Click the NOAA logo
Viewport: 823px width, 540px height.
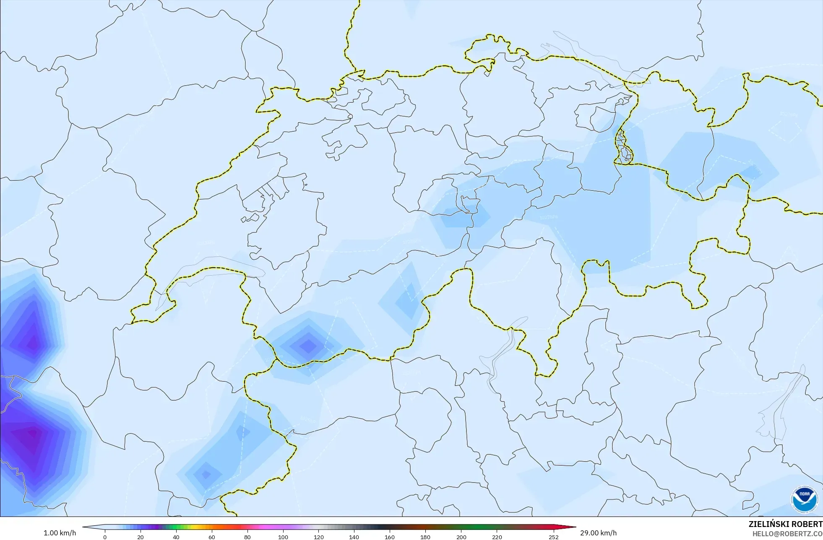[805, 500]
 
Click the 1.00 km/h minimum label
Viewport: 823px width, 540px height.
[60, 533]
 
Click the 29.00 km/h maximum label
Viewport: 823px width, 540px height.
[598, 533]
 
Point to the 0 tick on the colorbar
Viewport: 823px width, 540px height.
[105, 537]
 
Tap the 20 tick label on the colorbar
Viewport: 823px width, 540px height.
[141, 537]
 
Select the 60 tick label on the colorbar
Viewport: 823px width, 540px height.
[212, 537]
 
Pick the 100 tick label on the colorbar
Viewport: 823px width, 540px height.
[283, 537]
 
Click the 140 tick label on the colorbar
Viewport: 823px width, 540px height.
[354, 537]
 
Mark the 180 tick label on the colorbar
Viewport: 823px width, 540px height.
[425, 537]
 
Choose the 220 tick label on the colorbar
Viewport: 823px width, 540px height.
[497, 537]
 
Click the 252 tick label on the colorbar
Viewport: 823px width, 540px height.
[554, 537]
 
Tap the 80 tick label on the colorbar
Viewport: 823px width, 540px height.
[247, 537]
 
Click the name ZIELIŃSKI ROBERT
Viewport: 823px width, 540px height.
[785, 524]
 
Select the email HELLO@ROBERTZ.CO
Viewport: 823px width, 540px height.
[787, 534]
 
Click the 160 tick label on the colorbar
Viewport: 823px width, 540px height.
[390, 537]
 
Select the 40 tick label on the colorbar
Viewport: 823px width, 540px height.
[176, 537]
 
